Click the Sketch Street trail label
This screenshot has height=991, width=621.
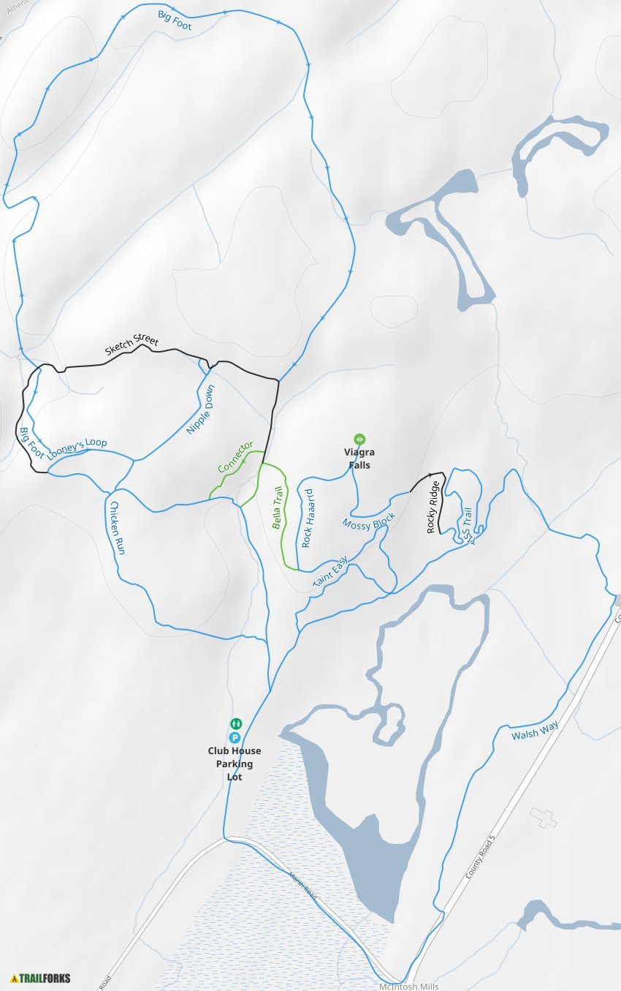[132, 346]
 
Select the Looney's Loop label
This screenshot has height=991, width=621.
[77, 448]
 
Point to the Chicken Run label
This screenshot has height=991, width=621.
[117, 527]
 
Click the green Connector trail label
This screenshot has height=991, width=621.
[235, 457]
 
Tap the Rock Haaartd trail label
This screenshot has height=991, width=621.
[307, 518]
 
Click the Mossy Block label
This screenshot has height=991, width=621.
[368, 521]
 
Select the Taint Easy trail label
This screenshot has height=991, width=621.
[329, 571]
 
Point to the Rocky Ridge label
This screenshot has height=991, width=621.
[433, 506]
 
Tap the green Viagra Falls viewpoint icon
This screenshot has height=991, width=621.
[359, 439]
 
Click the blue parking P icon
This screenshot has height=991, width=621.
[235, 737]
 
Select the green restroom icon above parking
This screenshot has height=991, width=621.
[235, 724]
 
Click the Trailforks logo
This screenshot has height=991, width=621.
[41, 978]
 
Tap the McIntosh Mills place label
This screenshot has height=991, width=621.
[409, 986]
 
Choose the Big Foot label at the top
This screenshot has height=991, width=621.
[174, 18]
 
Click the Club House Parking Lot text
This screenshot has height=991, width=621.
[235, 764]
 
